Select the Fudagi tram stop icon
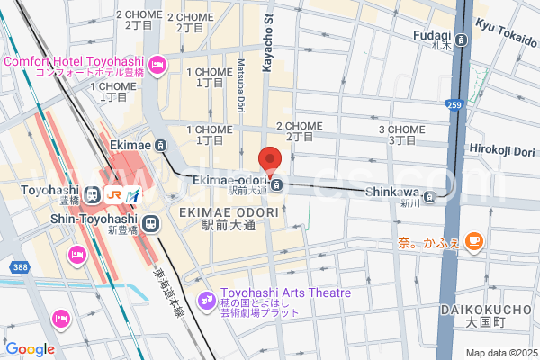pyautogui.click(x=461, y=40)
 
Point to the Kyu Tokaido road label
pyautogui.click(x=507, y=33)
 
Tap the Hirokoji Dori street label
pyautogui.click(x=501, y=149)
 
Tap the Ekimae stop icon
pyautogui.click(x=160, y=146)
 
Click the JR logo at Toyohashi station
pyautogui.click(x=114, y=193)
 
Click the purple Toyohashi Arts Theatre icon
pyautogui.click(x=205, y=295)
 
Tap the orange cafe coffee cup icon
pyautogui.click(x=474, y=240)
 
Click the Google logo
pyautogui.click(x=30, y=349)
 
